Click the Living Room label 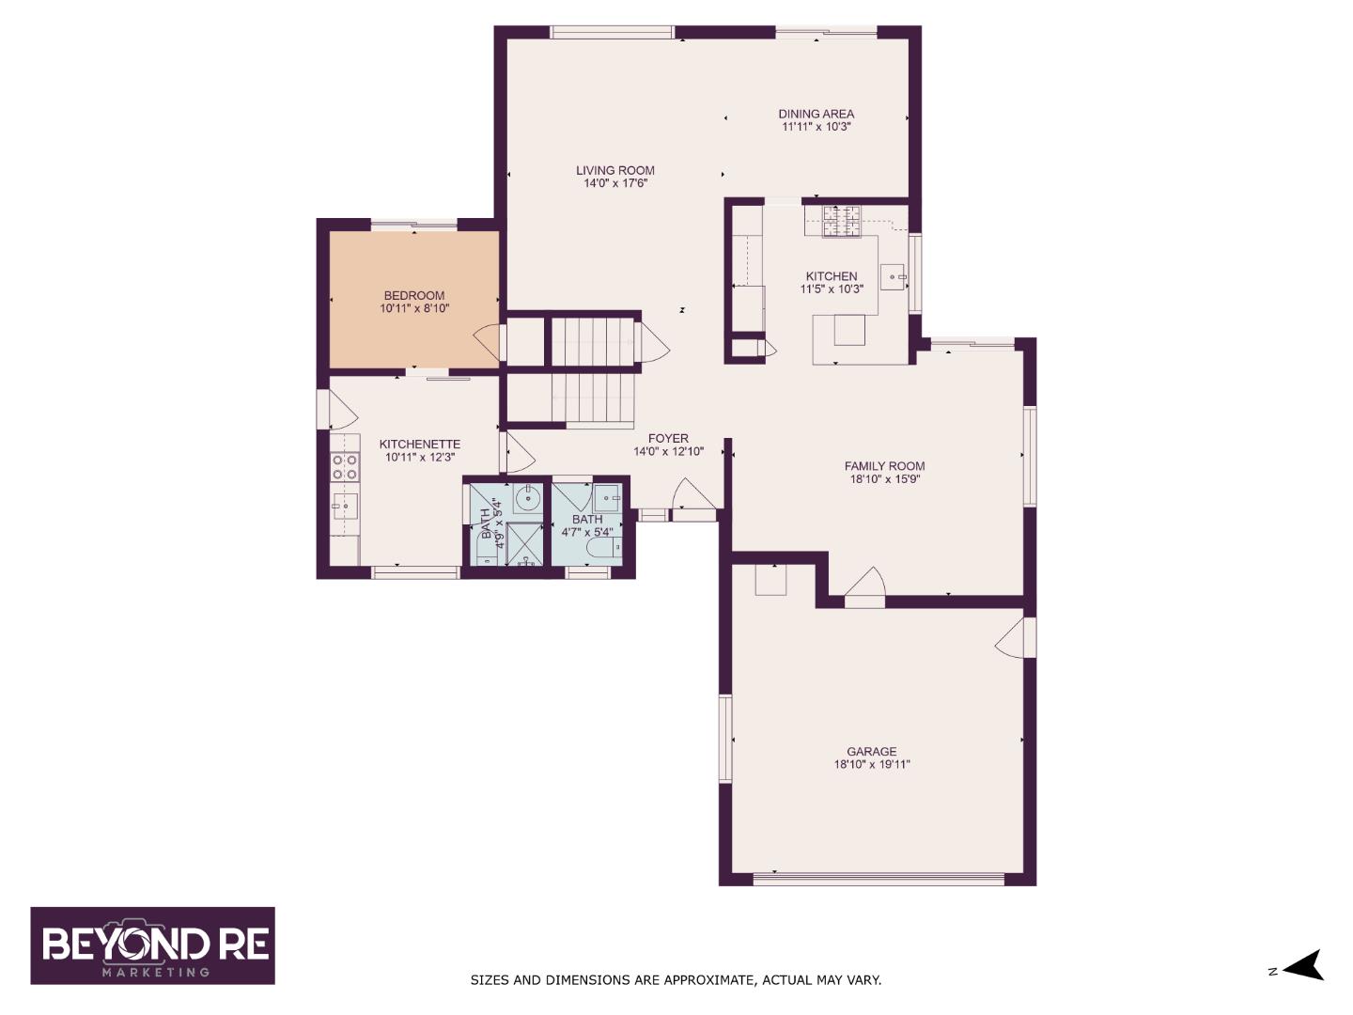[x=615, y=170]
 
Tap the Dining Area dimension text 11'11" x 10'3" [x=816, y=127]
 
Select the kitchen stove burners [x=841, y=221]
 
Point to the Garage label [x=871, y=751]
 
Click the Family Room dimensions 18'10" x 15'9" [x=884, y=479]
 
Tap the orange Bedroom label [x=413, y=295]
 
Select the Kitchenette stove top [x=344, y=466]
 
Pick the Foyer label [x=668, y=438]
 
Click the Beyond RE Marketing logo [x=153, y=945]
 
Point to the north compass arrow [x=1304, y=966]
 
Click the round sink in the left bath [x=528, y=497]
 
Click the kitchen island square [x=849, y=330]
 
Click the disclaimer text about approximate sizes [x=676, y=980]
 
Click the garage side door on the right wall [x=1017, y=637]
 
